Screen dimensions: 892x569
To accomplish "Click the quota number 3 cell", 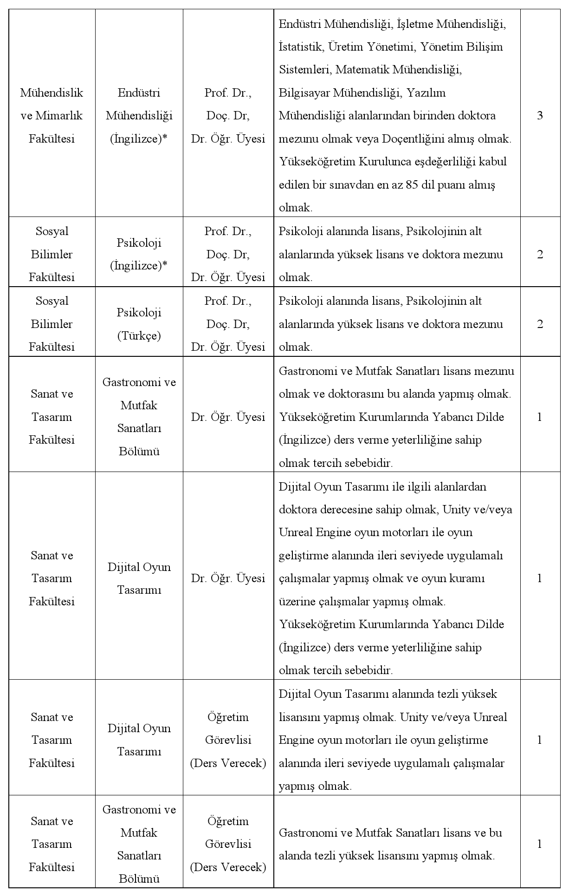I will click(x=540, y=116).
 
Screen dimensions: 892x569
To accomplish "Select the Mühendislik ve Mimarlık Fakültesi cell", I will click(x=52, y=116).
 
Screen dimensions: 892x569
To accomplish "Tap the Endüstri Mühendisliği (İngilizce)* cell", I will click(x=139, y=116).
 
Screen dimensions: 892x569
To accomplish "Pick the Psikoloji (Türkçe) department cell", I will click(x=139, y=324).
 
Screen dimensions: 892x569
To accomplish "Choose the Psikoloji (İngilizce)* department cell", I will click(x=139, y=254).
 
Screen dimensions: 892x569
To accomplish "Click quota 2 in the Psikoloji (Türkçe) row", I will click(x=540, y=324).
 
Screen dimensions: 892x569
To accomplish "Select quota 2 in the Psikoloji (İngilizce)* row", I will click(x=540, y=254).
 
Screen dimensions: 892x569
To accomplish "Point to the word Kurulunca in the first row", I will click(x=383, y=162).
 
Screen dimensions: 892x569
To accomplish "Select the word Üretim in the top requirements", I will click(x=343, y=46).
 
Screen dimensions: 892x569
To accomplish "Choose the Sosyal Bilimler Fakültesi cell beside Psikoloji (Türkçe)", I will click(x=52, y=324).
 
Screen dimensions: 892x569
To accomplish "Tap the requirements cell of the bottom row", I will click(x=397, y=844).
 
